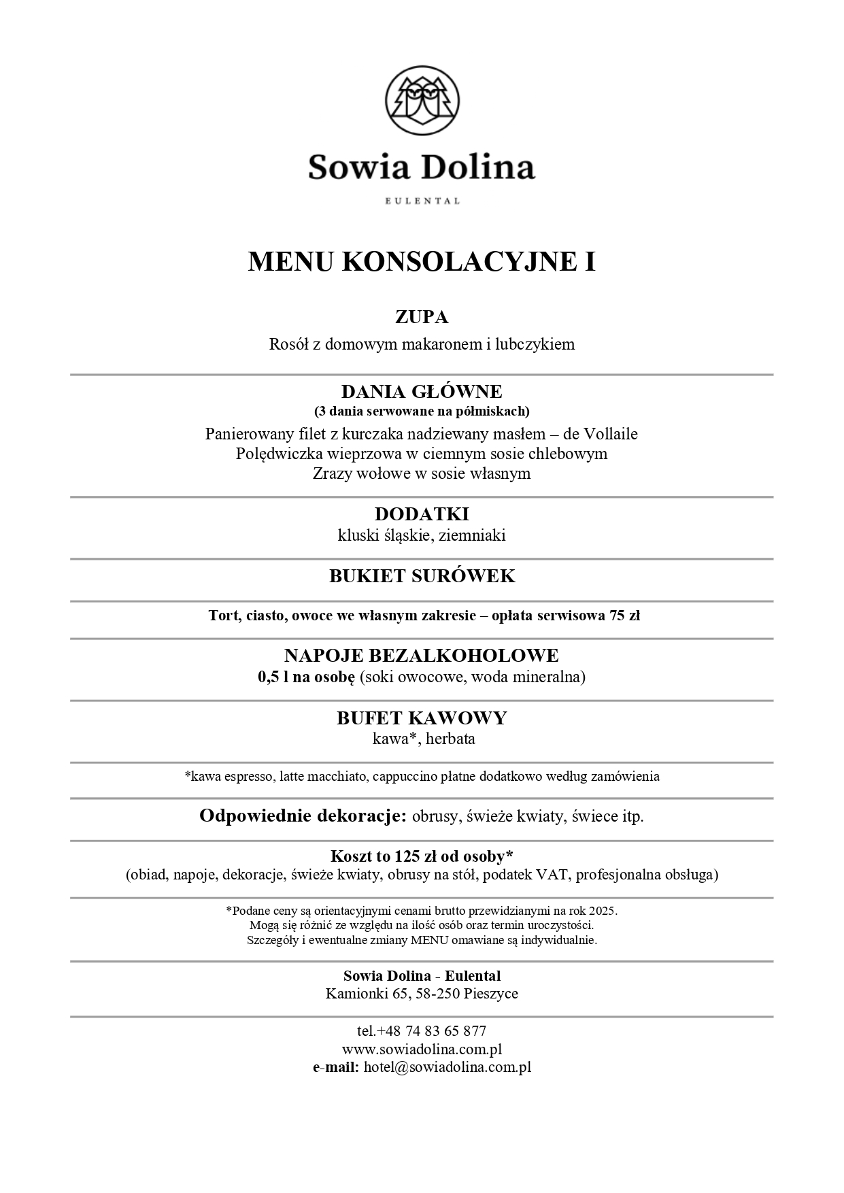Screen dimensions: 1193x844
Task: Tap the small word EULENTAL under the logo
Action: pyautogui.click(x=422, y=201)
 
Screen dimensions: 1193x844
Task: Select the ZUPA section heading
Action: pyautogui.click(x=422, y=317)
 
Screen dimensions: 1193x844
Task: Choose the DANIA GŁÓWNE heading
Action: pyautogui.click(x=422, y=392)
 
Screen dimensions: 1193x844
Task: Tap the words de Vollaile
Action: pyautogui.click(x=601, y=434)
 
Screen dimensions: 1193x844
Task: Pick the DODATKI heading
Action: pyautogui.click(x=422, y=514)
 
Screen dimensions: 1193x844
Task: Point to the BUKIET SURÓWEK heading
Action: pyautogui.click(x=422, y=576)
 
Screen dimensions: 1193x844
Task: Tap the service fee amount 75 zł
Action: pyautogui.click(x=624, y=616)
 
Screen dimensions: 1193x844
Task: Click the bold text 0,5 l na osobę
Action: pyautogui.click(x=306, y=677)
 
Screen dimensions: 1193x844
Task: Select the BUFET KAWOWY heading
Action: pyautogui.click(x=422, y=718)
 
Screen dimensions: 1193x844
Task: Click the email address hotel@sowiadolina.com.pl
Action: pyautogui.click(x=448, y=1067)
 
